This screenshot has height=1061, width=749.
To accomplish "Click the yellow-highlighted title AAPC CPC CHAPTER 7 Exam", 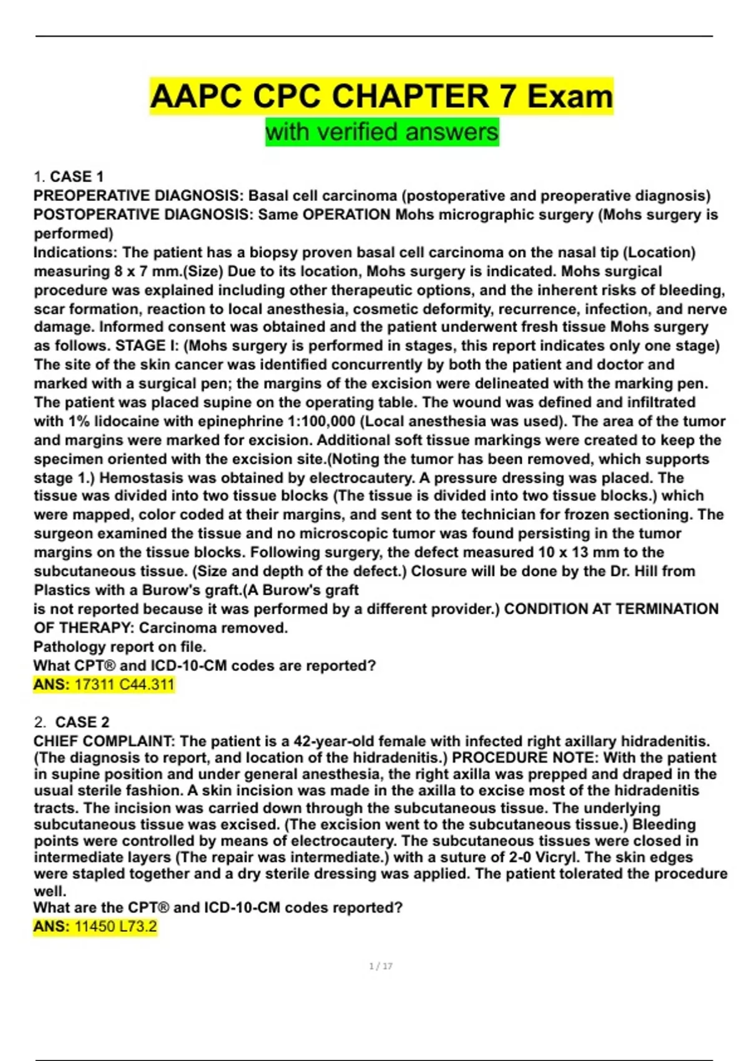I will (x=381, y=96).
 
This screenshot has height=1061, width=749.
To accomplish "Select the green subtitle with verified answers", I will (x=381, y=132).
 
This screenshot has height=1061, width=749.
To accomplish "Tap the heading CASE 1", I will (x=76, y=177).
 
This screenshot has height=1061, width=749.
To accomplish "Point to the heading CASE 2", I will (x=82, y=722).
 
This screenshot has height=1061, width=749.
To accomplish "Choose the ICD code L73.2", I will (x=138, y=927).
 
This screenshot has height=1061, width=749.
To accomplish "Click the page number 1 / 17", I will (x=381, y=966).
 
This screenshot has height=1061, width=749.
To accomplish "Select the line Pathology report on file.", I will (x=120, y=647).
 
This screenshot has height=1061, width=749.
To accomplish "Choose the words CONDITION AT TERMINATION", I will (x=611, y=609).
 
